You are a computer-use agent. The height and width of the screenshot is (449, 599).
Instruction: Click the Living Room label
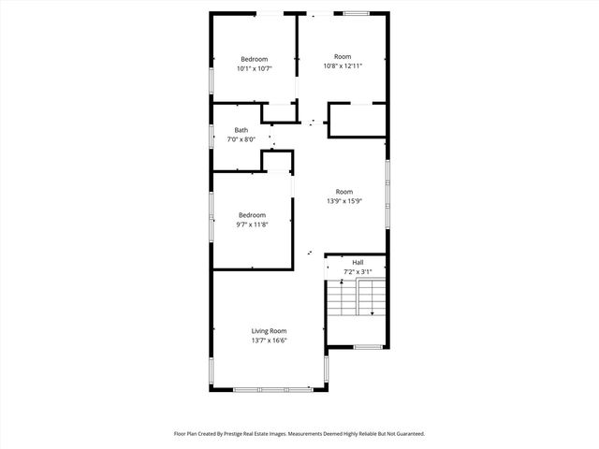click(269, 331)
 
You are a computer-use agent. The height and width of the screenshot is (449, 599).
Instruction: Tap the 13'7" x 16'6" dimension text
click(269, 341)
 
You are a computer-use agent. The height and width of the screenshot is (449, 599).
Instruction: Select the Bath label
click(241, 130)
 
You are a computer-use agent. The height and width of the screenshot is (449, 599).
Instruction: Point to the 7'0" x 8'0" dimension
click(241, 139)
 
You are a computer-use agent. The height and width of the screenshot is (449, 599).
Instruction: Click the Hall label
click(358, 262)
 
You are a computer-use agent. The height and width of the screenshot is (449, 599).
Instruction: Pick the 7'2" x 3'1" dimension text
click(358, 271)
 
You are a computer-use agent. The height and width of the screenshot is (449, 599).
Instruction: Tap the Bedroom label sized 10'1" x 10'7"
click(254, 59)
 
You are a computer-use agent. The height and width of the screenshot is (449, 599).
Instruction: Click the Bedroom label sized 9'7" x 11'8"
click(252, 214)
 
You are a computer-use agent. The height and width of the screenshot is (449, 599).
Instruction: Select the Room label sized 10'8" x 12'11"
click(343, 56)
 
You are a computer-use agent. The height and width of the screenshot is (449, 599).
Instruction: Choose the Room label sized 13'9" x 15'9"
click(344, 192)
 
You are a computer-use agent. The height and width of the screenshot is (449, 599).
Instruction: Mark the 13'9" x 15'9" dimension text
click(344, 201)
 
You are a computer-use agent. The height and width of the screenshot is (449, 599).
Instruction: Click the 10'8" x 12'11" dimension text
click(343, 65)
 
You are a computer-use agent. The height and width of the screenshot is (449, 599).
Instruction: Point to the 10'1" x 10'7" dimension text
click(254, 68)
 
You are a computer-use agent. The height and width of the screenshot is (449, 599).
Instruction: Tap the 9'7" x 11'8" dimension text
click(252, 224)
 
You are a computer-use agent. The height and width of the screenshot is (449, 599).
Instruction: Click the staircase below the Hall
click(358, 298)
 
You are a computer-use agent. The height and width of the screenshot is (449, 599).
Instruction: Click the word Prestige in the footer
click(245, 434)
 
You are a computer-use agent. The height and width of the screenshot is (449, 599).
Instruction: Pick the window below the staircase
click(368, 347)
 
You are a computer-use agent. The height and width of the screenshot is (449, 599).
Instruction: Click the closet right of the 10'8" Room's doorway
click(358, 120)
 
